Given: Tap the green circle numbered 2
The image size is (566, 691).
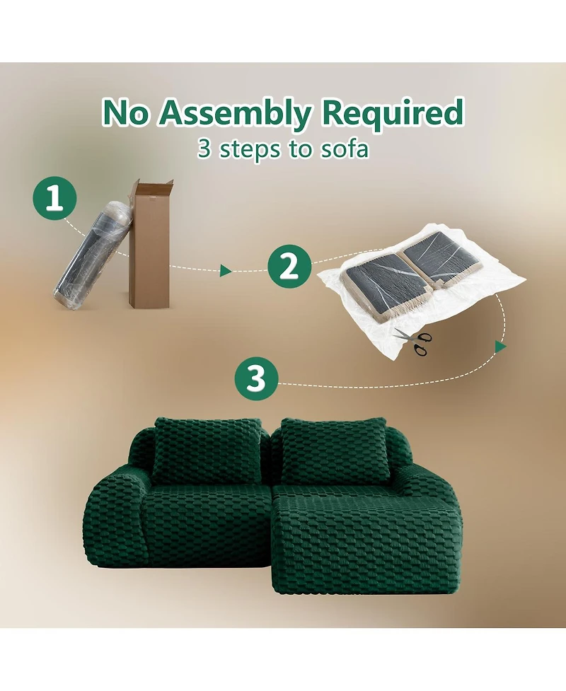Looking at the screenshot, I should pos(289,267).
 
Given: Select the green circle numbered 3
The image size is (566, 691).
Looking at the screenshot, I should pos(255,379).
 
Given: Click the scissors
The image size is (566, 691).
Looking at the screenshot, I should pos(413,340).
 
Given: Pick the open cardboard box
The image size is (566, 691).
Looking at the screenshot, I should pos(150,255).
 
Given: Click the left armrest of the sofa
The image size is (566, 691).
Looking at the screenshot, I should pos(113,520).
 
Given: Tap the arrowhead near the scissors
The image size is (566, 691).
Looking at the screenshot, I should pos(501,347).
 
